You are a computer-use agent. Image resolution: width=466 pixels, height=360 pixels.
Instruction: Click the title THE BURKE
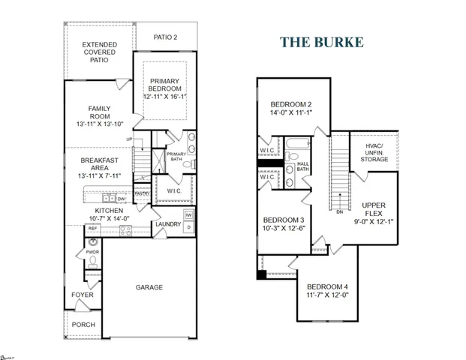322,41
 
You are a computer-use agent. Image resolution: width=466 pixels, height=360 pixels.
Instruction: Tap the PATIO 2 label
166,37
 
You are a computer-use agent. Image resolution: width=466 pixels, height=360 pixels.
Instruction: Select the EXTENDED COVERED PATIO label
100,52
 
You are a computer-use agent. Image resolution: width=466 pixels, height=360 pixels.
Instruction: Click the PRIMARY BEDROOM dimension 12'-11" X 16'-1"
165,96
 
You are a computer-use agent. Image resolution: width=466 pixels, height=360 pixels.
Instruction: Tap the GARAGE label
149,287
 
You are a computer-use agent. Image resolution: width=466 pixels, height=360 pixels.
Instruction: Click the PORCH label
83,325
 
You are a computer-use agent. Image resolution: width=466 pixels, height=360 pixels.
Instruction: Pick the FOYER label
83,295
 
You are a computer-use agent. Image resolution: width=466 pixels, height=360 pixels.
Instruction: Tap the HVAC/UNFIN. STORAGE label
374,152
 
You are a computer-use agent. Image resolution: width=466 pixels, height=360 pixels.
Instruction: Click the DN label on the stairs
340,212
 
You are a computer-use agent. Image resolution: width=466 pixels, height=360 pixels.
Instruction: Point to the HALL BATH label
302,166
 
